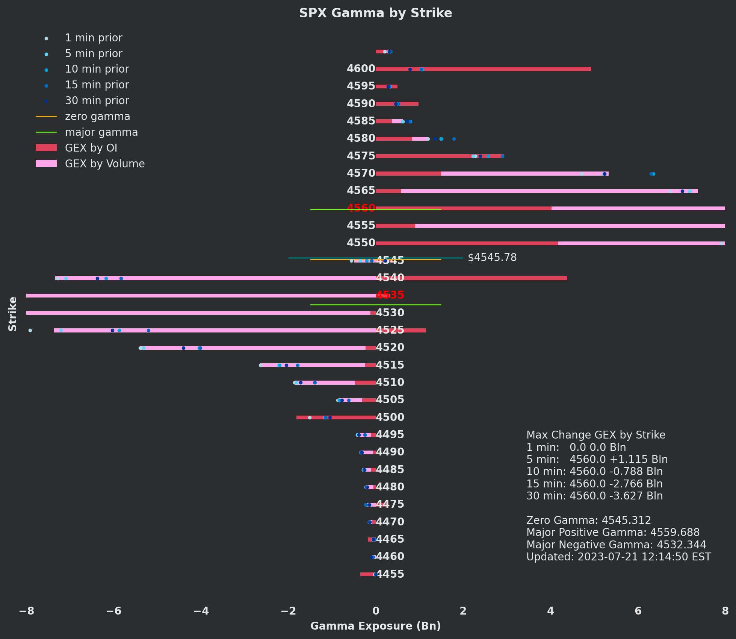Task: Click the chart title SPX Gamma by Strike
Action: (x=375, y=13)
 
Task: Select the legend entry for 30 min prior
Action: (x=97, y=101)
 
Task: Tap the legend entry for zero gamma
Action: (x=97, y=117)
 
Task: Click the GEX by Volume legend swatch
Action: (x=46, y=164)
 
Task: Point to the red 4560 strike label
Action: (x=361, y=208)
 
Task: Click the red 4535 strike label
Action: (x=390, y=295)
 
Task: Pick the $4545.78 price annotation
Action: (x=492, y=258)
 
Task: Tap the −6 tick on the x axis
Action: (x=113, y=611)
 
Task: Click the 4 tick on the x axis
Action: (x=550, y=611)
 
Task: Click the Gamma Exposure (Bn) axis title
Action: (x=375, y=626)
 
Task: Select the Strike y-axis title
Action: (x=13, y=314)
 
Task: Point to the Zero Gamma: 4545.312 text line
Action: (x=588, y=521)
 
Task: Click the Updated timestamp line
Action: (x=618, y=557)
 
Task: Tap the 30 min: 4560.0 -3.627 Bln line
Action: (x=594, y=496)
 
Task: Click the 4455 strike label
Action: (x=390, y=574)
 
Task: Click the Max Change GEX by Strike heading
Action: (x=595, y=435)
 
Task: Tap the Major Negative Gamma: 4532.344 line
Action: (x=616, y=545)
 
